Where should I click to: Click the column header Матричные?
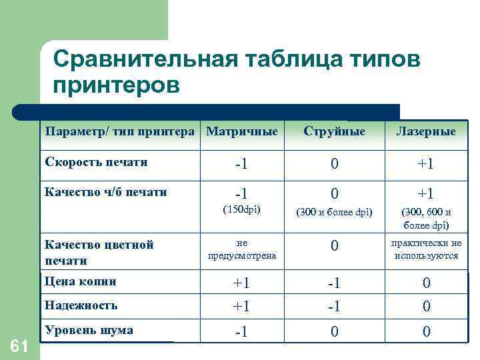coord(242,131)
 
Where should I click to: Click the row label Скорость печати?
coord(96,162)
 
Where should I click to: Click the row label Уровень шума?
coord(88,330)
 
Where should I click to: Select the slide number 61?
coord(20,345)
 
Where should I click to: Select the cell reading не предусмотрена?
coord(241,249)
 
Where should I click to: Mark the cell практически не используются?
coord(427,249)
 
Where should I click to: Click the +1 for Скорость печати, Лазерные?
coord(426,163)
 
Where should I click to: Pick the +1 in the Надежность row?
coord(241,307)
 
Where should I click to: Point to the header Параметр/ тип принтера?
coord(121,131)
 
